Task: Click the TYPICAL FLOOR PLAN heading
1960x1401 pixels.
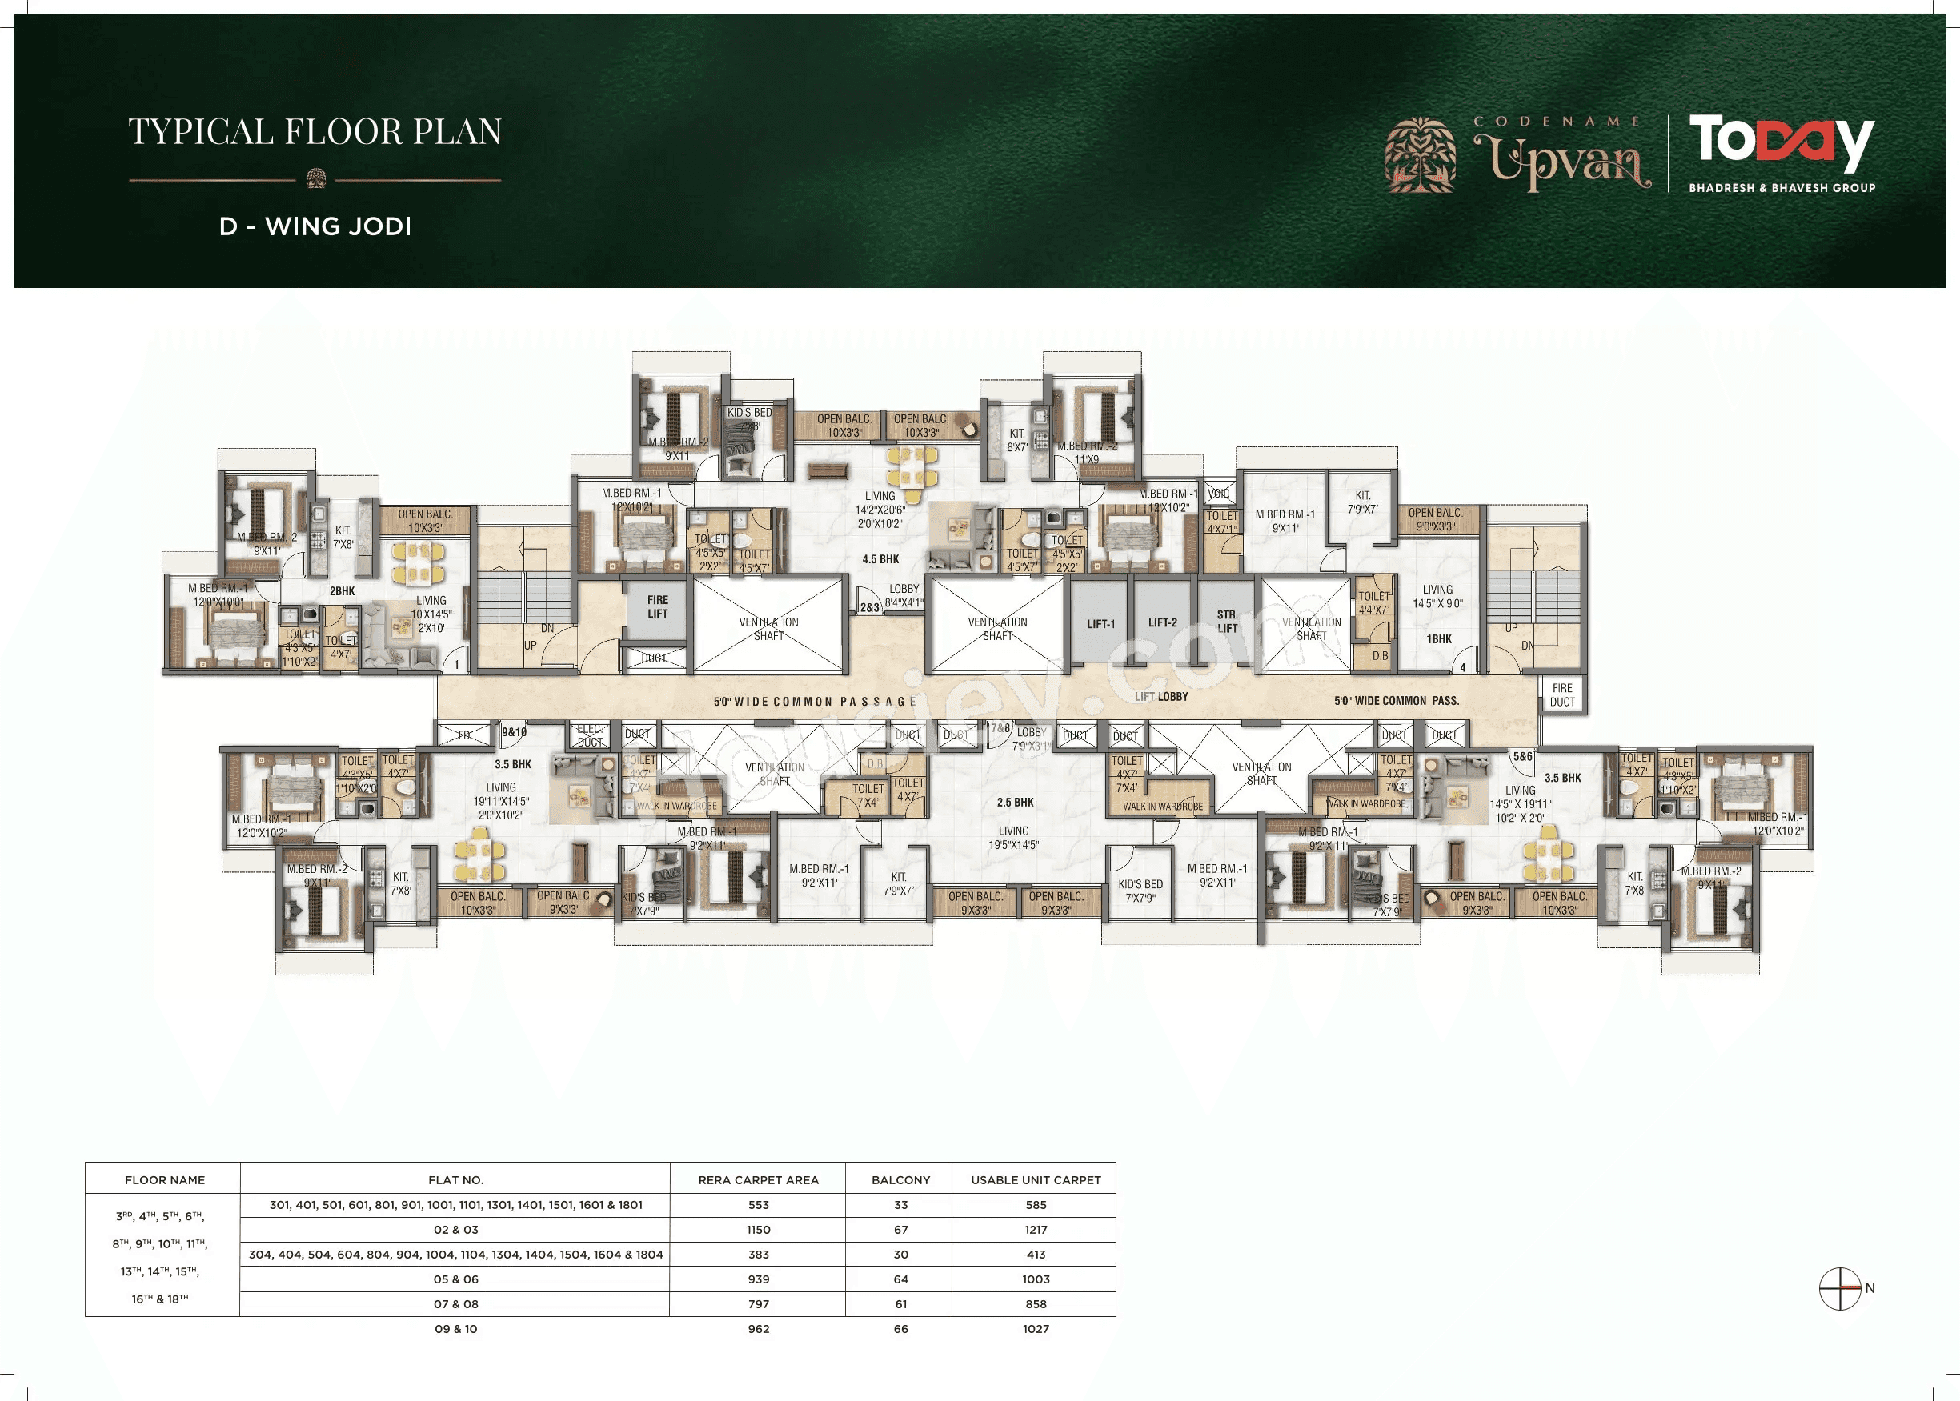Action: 315,132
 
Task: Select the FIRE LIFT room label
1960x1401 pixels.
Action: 657,606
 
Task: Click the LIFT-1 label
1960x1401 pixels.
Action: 1100,624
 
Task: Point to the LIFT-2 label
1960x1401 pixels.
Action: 1162,622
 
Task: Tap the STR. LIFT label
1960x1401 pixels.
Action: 1227,621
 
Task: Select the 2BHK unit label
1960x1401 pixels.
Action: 343,591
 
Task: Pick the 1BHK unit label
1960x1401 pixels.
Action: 1439,639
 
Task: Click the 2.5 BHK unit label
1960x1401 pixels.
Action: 1015,803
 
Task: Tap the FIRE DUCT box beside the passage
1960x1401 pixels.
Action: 1562,694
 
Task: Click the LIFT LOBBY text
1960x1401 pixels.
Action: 1161,696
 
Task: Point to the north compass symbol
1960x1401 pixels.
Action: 1839,1288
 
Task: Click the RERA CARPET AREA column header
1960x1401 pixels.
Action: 758,1179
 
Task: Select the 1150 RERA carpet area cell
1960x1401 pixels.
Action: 758,1229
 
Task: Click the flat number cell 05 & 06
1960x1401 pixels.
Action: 455,1279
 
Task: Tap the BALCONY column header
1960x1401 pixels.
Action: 900,1179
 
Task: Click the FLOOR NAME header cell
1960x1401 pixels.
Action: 165,1179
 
